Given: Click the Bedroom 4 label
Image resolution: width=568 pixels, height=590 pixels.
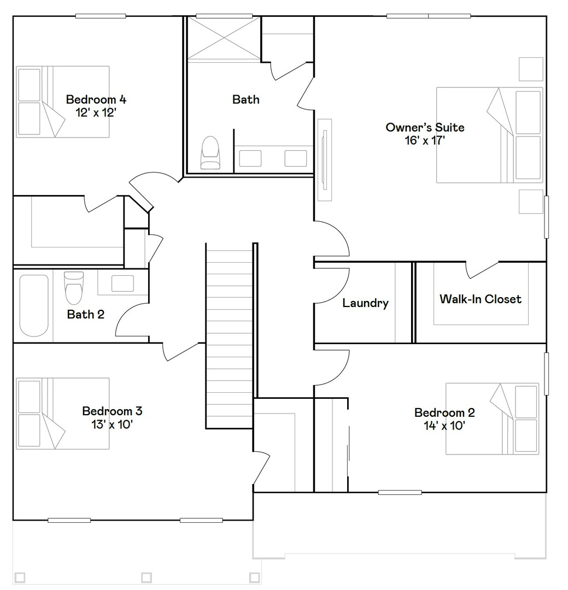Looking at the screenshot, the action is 96,99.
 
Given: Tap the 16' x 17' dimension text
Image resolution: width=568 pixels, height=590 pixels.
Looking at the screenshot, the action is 425,140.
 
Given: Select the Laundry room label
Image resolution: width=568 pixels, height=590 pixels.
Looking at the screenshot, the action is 365,303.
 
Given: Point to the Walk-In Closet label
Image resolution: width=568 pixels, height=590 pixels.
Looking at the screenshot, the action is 481,299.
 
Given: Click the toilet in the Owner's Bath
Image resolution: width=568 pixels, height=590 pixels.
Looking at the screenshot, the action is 210,152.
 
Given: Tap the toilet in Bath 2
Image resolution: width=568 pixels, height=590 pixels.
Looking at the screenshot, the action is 73,288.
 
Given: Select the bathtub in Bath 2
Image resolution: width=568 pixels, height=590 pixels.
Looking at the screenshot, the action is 34,305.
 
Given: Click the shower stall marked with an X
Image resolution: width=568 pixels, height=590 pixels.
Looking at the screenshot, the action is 224,38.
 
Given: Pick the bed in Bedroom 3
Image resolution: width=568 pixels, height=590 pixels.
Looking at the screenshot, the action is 63,414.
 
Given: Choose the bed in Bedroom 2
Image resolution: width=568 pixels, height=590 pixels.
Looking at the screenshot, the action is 493,419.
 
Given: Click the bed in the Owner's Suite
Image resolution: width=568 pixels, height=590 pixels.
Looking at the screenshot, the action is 490,135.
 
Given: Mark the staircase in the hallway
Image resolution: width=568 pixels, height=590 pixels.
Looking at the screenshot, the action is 229,335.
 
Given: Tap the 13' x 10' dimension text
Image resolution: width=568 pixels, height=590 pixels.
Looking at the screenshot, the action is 112,424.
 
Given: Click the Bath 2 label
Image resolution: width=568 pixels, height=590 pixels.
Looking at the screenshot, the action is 85,314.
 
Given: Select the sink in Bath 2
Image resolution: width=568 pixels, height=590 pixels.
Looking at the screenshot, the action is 123,284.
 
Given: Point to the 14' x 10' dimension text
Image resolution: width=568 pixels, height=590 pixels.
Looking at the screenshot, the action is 444,426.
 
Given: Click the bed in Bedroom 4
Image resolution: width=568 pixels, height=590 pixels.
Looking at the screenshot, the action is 63,102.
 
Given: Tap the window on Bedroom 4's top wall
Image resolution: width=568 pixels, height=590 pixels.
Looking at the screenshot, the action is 101,16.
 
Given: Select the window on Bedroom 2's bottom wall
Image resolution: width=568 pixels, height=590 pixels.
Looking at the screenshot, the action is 400,492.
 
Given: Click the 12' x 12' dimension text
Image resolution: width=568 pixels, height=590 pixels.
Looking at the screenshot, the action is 96,113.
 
